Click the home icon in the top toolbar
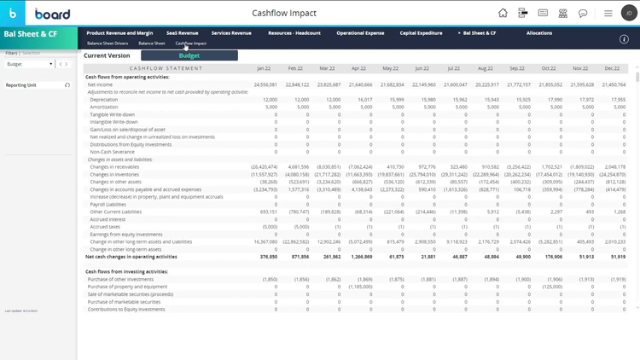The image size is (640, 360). (503, 14)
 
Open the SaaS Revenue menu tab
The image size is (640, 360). (182, 33)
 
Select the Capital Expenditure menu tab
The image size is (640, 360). (421, 33)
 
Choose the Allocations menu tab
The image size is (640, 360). (538, 33)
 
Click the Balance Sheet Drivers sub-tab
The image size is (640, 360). (107, 43)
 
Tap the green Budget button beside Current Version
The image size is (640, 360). (189, 55)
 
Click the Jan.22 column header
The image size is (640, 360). (265, 67)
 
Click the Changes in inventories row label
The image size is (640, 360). (114, 174)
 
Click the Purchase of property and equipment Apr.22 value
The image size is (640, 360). (358, 287)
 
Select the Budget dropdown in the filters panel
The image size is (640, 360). (29, 64)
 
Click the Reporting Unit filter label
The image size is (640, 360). (21, 85)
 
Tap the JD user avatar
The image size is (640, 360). (626, 14)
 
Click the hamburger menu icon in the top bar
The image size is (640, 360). (608, 14)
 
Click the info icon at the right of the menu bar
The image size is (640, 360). (624, 39)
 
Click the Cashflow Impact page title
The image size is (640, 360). (284, 14)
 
